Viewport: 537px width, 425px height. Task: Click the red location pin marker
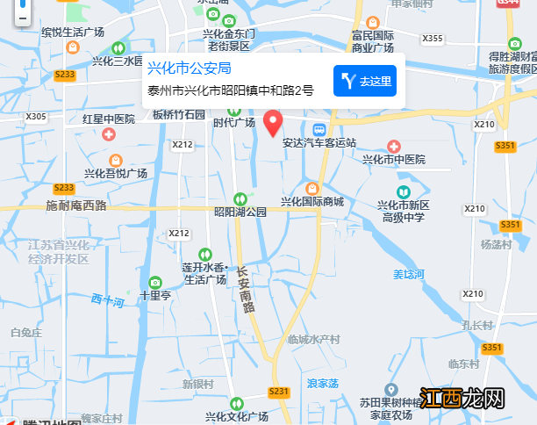(274, 124)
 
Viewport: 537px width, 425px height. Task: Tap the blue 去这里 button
(365, 82)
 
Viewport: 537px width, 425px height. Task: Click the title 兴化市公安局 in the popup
(189, 68)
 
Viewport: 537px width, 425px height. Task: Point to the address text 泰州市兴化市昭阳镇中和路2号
(230, 90)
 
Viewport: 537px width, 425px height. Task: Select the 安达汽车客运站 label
(319, 142)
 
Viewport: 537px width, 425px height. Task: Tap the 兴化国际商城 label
(312, 201)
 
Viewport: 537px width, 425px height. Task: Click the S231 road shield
(279, 391)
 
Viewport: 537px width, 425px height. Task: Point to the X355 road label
(433, 39)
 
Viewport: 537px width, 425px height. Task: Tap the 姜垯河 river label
(408, 275)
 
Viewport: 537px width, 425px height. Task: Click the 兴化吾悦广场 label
(115, 173)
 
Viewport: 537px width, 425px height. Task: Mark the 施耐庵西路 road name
(75, 205)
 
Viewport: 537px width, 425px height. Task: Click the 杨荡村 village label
(496, 245)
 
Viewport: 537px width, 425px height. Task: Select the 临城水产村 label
(313, 339)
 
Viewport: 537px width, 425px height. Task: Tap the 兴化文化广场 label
(236, 415)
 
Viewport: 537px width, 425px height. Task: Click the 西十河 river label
(107, 301)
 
